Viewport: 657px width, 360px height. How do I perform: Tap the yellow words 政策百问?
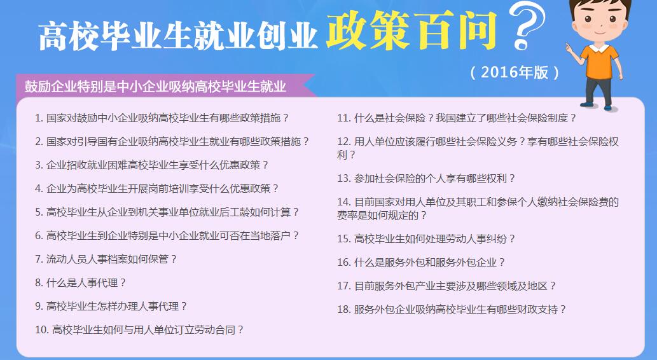click(411, 30)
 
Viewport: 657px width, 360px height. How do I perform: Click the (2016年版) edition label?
click(515, 73)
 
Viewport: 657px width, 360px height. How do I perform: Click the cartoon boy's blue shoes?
click(598, 106)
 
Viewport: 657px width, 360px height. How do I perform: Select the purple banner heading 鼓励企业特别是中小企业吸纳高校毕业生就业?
click(155, 87)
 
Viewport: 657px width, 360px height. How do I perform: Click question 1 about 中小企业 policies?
click(162, 118)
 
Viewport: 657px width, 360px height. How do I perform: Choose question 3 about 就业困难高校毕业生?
click(151, 165)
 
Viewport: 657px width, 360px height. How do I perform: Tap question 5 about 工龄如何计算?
click(167, 212)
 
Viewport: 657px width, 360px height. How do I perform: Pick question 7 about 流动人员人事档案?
click(106, 259)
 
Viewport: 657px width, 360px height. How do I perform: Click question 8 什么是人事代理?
click(80, 283)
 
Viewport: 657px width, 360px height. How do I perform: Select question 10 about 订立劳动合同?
click(139, 330)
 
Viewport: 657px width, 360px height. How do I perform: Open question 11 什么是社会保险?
click(457, 118)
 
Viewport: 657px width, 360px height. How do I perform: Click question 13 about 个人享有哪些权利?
click(426, 179)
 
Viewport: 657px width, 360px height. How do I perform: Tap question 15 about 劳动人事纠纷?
click(426, 239)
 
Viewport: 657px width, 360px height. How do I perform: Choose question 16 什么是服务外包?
click(421, 262)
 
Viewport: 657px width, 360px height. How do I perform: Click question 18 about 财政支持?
click(452, 309)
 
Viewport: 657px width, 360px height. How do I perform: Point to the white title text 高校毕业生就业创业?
click(177, 36)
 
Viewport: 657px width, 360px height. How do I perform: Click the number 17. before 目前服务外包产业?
click(344, 286)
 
